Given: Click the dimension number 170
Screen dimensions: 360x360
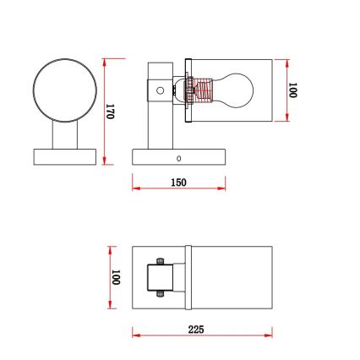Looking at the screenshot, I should tap(109, 111).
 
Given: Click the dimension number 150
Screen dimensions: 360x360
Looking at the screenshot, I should tap(178, 183).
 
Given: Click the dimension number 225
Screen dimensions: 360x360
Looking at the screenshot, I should tap(196, 330).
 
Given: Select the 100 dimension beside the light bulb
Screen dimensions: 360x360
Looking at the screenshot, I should tap(292, 90).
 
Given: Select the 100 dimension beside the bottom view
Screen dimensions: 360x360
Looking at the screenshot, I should tap(115, 277).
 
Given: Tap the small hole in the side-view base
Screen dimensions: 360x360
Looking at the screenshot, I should tap(178, 157).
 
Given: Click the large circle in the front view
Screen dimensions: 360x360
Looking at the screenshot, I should tap(63, 89).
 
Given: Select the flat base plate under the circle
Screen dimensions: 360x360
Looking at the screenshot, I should tap(64, 157).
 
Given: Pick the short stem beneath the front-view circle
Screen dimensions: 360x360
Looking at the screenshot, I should tap(64, 134).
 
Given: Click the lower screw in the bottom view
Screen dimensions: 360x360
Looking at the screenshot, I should tap(161, 294).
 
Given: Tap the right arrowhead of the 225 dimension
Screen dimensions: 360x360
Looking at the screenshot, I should tap(270, 336).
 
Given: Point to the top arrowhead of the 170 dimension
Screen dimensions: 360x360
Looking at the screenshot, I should tap(104, 61).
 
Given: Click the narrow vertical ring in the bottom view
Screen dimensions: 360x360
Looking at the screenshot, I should tap(189, 278).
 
